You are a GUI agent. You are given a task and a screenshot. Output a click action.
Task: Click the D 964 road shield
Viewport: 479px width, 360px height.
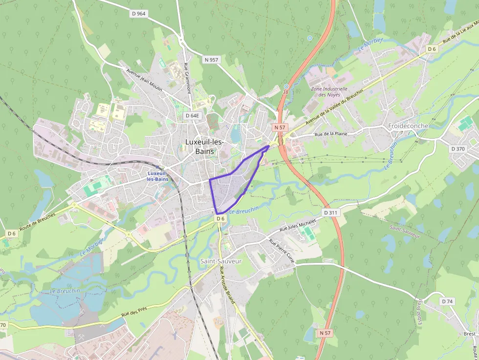[139, 14]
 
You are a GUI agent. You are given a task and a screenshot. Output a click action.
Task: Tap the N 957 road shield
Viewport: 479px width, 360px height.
[212, 60]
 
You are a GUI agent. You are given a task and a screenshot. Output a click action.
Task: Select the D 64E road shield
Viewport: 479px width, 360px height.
[193, 116]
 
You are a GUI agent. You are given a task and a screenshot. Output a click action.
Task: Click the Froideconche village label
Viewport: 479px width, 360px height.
[408, 126]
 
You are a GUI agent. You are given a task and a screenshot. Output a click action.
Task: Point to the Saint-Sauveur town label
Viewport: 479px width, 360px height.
[221, 261]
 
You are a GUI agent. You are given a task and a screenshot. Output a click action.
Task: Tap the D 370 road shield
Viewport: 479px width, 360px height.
[458, 148]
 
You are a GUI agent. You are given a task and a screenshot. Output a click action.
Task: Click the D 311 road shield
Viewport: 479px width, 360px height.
[331, 213]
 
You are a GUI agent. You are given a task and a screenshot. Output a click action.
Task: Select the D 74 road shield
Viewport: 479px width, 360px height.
[447, 301]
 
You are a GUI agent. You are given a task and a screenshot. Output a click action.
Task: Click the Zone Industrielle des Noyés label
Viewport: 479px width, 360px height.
[329, 92]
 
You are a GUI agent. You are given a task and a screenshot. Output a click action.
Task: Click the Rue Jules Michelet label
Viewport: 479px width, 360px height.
[298, 225]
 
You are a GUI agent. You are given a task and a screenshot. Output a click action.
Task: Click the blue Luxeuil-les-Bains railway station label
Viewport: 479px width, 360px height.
[157, 176]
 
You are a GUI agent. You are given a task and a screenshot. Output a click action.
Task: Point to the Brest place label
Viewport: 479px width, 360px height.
[469, 334]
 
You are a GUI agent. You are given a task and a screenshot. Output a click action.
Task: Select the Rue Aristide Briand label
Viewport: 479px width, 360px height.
[227, 286]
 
